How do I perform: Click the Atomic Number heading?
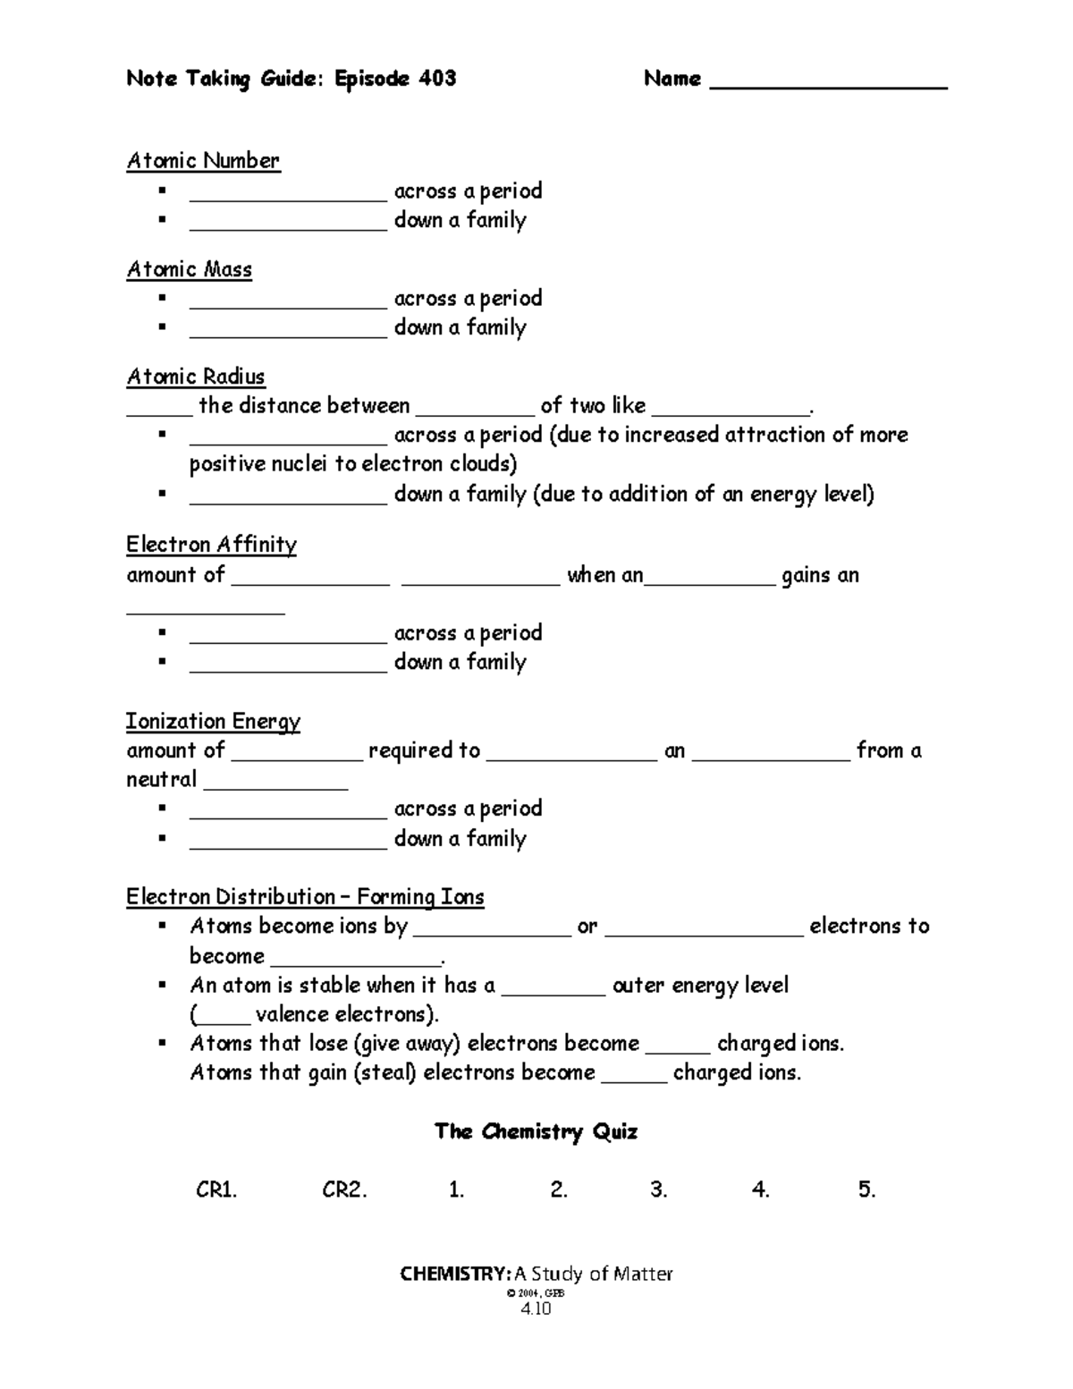[x=203, y=161]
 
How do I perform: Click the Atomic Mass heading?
[x=189, y=269]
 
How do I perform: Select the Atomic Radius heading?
[x=195, y=377]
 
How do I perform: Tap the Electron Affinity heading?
[x=211, y=545]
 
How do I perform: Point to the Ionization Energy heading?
[x=213, y=721]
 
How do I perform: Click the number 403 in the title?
[x=436, y=79]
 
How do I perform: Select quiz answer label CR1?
[x=216, y=1190]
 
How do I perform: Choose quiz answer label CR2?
[x=344, y=1190]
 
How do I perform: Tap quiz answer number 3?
[x=659, y=1190]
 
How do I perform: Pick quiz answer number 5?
[x=866, y=1190]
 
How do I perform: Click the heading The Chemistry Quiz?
[x=536, y=1131]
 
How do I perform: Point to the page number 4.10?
[x=536, y=1309]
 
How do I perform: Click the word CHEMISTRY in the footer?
[x=455, y=1274]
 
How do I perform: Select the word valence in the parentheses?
[x=292, y=1014]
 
